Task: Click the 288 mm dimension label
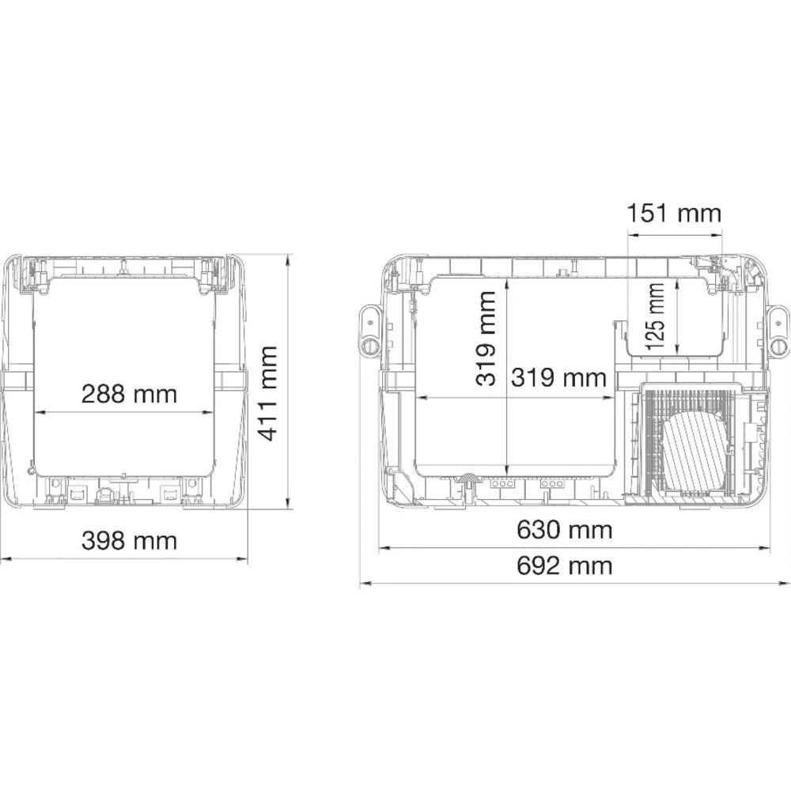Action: pos(129,393)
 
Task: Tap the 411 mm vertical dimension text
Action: pos(269,392)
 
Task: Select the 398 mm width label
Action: pos(129,541)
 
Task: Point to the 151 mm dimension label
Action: pos(674,214)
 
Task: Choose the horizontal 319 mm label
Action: pos(558,377)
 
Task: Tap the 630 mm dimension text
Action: pos(564,529)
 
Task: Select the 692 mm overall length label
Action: pos(564,566)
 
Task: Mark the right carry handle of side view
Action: pos(778,331)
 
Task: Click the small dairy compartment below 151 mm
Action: pos(676,316)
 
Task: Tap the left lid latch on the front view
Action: pos(32,274)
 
